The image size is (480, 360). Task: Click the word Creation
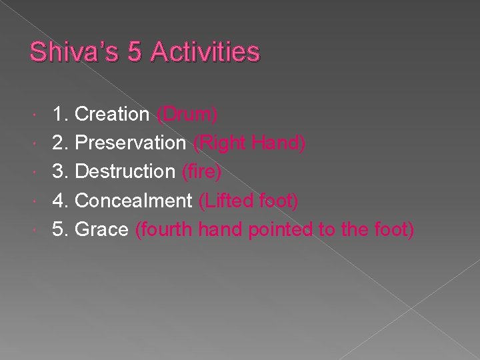pos(112,115)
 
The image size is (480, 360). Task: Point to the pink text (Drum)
pos(187,115)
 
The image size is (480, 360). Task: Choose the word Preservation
pos(131,143)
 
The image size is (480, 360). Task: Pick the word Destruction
pos(125,172)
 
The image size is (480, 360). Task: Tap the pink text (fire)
pos(201,172)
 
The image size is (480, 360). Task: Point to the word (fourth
pos(164,229)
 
